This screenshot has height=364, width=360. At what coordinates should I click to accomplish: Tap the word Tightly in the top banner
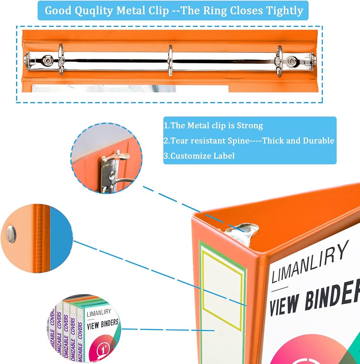(285, 11)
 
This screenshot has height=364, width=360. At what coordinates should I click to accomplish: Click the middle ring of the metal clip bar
(170, 60)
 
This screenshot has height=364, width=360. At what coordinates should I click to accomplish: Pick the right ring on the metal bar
(279, 60)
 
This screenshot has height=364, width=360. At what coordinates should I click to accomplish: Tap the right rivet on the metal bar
(291, 61)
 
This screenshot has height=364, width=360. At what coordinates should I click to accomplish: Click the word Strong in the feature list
(250, 126)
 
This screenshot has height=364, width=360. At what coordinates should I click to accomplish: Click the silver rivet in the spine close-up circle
(11, 233)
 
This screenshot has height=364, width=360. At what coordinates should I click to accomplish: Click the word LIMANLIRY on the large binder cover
(310, 261)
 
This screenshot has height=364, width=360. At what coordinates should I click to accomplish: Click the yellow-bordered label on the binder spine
(222, 284)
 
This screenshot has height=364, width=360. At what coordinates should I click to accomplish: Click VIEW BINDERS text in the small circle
(103, 323)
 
